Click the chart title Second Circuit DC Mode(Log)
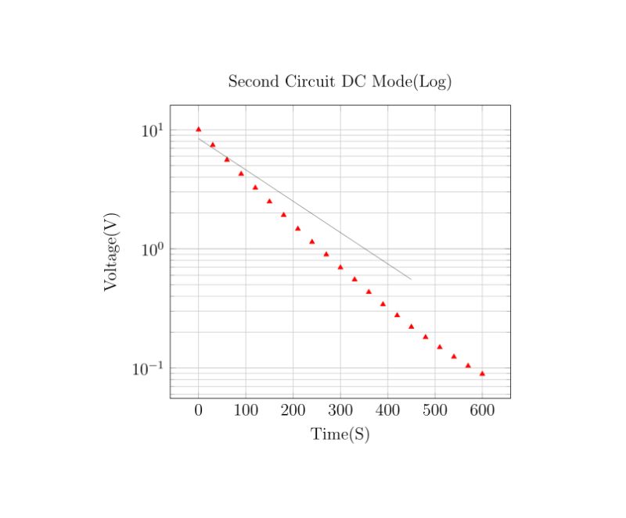click(340, 81)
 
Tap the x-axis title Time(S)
click(340, 434)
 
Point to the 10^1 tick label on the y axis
click(152, 130)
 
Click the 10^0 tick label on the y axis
click(152, 249)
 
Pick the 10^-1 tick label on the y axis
click(148, 369)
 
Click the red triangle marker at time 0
click(199, 129)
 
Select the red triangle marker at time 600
click(482, 373)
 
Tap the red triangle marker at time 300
click(340, 267)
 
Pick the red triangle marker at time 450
click(412, 326)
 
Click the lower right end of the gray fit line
click(411, 279)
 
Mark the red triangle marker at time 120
click(255, 188)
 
